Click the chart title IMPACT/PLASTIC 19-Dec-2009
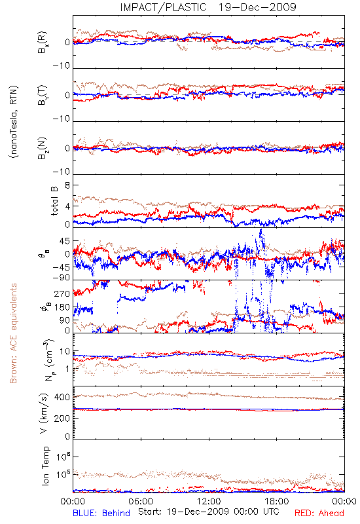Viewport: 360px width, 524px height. pos(208,7)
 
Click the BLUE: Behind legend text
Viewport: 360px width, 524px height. pos(101,514)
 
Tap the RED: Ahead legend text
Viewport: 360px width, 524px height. pos(319,514)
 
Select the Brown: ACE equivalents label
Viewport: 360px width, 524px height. pos(13,333)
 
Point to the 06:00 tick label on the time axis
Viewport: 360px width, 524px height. pos(141,501)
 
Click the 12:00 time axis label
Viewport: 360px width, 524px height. pos(209,501)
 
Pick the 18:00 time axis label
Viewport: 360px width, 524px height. pos(277,501)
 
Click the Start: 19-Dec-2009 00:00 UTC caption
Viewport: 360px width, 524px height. pos(209,512)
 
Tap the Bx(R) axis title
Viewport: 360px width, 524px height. pos(43,43)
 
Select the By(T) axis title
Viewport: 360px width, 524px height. pos(43,95)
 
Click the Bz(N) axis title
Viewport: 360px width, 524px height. pos(43,148)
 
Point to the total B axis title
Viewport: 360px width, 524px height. pos(54,201)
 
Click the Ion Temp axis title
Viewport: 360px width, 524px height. pos(45,466)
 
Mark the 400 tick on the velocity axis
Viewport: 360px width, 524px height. pos(62,398)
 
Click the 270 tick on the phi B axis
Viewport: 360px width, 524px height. pos(62,294)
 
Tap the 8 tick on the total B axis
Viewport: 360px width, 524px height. pos(67,185)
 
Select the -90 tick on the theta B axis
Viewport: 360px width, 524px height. pos(61,278)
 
